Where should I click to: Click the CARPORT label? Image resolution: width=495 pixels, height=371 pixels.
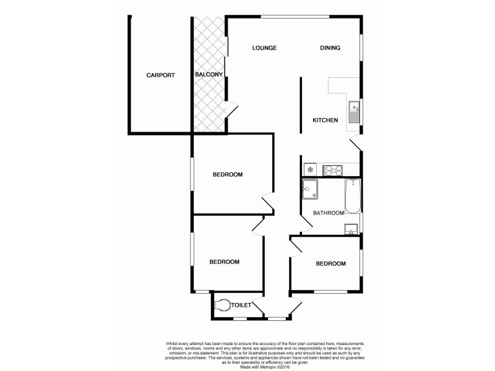[x=160, y=75]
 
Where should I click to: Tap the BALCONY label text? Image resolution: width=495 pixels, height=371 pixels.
[x=209, y=75]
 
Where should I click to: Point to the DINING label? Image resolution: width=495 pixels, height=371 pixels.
[x=330, y=48]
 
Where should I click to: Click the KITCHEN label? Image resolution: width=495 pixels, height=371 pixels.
[x=325, y=120]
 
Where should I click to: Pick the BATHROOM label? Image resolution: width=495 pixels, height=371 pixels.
[x=328, y=213]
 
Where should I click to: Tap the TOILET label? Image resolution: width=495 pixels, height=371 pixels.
[x=240, y=305]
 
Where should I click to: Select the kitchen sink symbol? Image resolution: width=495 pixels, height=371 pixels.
[x=354, y=113]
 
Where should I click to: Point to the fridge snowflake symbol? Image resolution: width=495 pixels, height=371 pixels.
[x=310, y=169]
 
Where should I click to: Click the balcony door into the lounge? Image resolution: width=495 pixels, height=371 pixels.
[x=231, y=108]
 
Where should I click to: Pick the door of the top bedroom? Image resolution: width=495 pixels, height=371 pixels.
[x=267, y=202]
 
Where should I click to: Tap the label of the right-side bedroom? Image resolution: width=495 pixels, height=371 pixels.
[x=330, y=264]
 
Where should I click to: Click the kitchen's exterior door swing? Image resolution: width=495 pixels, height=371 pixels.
[x=355, y=143]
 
